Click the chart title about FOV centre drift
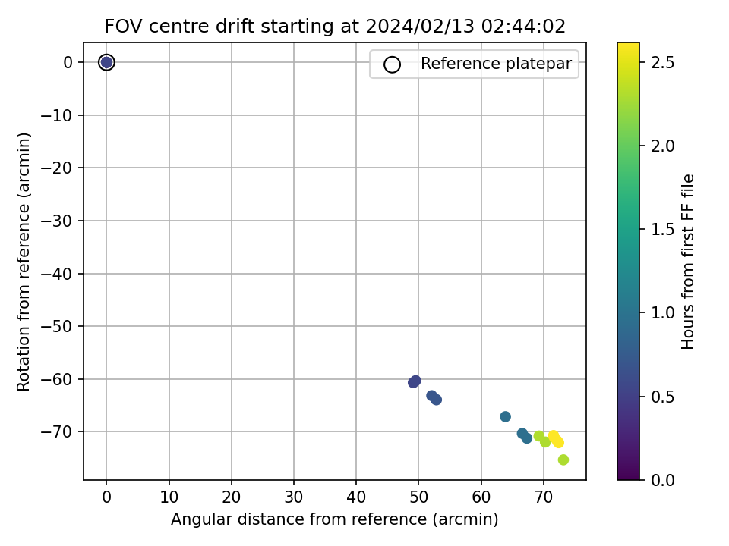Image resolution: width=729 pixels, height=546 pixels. (335, 27)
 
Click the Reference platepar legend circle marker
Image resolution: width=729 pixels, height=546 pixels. (392, 64)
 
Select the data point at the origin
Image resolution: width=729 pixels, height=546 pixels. (106, 62)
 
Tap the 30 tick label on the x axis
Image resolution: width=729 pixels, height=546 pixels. (294, 497)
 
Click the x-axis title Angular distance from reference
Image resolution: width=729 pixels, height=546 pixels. (334, 519)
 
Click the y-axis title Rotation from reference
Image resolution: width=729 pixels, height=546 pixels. (24, 262)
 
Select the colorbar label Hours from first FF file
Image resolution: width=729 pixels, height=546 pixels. (687, 262)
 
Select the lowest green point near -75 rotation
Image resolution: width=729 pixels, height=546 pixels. (563, 460)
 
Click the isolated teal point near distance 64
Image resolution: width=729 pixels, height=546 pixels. (506, 416)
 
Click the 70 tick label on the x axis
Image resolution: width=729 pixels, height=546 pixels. (544, 497)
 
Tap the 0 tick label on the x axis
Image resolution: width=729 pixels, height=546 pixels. (106, 497)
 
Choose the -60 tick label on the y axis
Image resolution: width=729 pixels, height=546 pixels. (57, 379)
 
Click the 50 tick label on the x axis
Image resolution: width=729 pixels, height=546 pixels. (418, 497)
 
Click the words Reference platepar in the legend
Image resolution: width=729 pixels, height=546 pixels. (496, 64)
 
